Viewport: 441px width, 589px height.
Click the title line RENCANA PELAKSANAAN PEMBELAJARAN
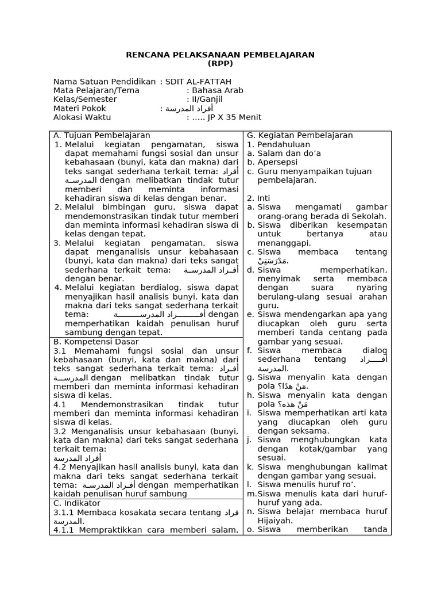[220, 55]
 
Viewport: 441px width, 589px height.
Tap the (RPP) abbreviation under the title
[220, 63]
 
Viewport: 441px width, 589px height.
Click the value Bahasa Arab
[218, 90]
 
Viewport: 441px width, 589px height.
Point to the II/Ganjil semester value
[214, 100]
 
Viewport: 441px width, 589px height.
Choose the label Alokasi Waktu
[82, 117]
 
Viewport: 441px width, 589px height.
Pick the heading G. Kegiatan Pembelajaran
[300, 135]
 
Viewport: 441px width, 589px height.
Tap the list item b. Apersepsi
[274, 162]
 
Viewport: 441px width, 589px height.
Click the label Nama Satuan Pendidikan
[105, 82]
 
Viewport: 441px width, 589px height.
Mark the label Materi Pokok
[80, 108]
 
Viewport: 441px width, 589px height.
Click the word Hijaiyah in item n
[275, 521]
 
